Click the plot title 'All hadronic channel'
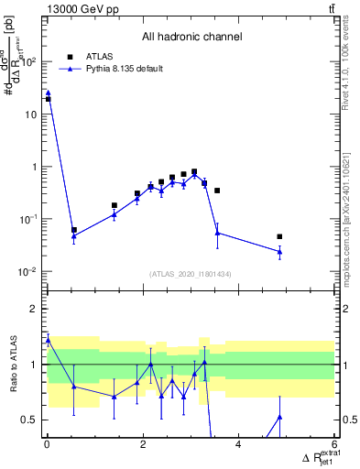click(x=191, y=38)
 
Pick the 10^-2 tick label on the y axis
click(x=30, y=272)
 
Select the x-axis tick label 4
click(x=238, y=445)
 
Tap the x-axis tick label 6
click(x=333, y=445)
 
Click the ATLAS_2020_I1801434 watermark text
click(x=191, y=274)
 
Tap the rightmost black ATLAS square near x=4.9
click(x=279, y=236)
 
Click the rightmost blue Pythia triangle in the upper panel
click(x=279, y=251)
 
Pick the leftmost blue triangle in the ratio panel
click(x=48, y=340)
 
